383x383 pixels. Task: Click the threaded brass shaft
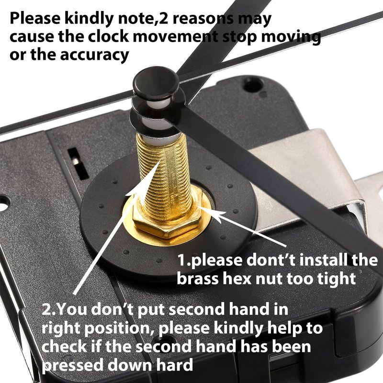(x=165, y=176)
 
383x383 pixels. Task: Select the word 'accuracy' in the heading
(x=94, y=55)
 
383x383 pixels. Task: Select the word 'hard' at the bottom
(x=175, y=364)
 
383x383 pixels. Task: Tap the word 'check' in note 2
(x=64, y=346)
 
